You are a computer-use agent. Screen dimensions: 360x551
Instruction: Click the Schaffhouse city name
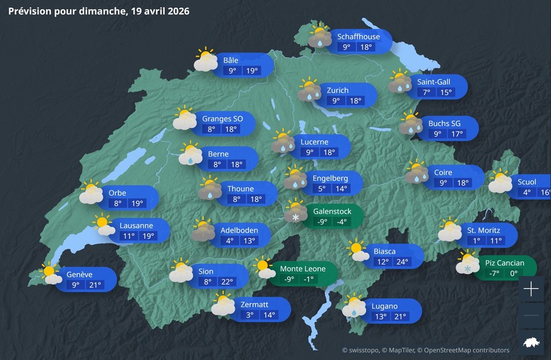point(358,36)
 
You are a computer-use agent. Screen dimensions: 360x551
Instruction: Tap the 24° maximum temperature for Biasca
point(401,261)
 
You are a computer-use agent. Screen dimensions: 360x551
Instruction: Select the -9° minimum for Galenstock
point(322,222)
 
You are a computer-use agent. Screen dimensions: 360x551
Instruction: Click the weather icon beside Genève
point(50,274)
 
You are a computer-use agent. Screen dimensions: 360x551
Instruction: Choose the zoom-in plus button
point(531,289)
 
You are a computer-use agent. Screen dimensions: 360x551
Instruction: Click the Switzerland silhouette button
point(531,342)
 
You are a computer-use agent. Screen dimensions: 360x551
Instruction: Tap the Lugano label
point(384,306)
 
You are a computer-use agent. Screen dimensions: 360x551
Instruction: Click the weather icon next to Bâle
point(206,59)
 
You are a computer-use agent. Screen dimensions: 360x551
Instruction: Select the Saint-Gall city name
point(434,81)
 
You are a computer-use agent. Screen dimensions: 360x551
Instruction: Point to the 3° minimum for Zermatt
point(250,315)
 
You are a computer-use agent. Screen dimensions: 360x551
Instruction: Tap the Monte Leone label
point(302,268)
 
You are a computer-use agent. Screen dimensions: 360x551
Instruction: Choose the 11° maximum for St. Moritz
point(495,241)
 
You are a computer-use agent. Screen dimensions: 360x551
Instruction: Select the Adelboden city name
point(239,229)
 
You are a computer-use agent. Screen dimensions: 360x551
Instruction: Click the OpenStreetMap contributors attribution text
point(466,350)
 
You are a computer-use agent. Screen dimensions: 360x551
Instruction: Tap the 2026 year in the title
point(177,11)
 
